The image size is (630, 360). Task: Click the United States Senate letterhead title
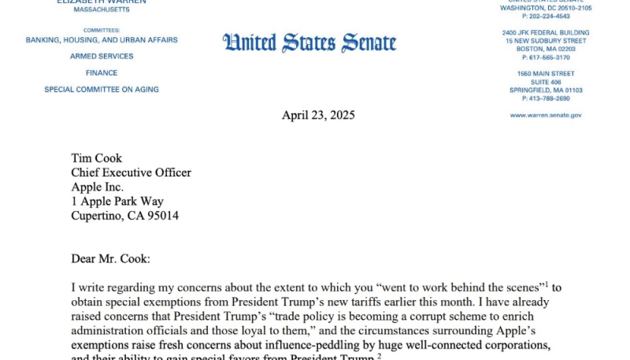[x=309, y=43]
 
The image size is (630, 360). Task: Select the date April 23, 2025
[x=318, y=115]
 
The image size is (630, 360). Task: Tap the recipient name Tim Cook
[x=97, y=158]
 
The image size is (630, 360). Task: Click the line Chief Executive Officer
[x=131, y=173]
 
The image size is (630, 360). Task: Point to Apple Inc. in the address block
[x=98, y=187]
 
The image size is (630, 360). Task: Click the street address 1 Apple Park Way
[x=117, y=201]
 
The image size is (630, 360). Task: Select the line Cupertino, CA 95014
[x=124, y=215]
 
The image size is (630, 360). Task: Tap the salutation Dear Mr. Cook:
[x=116, y=258]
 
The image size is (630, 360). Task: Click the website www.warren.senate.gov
[x=546, y=115]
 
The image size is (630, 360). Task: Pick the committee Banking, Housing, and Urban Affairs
[x=102, y=40]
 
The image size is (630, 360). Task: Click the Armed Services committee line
[x=102, y=57]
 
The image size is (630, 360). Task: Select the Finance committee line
[x=102, y=73]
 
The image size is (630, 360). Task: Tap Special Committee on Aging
[x=102, y=90]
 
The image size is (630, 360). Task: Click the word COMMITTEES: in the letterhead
[x=102, y=30]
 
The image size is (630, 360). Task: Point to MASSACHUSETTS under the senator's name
[x=102, y=10]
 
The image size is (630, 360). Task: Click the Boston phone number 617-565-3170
[x=546, y=58]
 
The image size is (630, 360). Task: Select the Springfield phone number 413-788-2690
[x=546, y=98]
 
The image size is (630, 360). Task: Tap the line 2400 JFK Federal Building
[x=546, y=32]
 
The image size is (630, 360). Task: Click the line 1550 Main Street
[x=546, y=73]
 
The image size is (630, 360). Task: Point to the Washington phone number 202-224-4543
[x=546, y=16]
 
